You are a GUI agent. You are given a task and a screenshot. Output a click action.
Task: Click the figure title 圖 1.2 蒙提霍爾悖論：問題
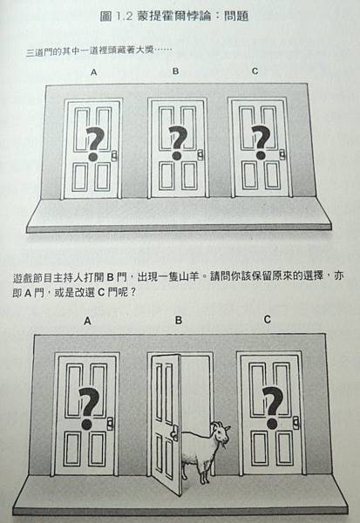click(x=174, y=16)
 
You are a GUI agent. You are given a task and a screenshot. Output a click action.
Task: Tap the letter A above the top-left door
click(x=94, y=72)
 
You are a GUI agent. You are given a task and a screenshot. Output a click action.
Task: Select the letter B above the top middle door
click(x=175, y=71)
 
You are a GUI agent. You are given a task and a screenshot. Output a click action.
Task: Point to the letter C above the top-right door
click(x=255, y=71)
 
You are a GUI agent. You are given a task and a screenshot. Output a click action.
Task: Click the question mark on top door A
click(x=94, y=144)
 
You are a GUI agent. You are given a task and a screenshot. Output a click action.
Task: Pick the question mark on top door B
click(x=178, y=143)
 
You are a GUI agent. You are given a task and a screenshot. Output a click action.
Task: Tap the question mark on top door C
click(x=261, y=142)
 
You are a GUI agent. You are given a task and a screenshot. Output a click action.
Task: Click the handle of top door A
click(x=114, y=156)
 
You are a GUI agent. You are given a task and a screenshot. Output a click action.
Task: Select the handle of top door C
click(x=282, y=153)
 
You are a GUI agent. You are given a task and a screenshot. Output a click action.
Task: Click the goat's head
click(x=221, y=432)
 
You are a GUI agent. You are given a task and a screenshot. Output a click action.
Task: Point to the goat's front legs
click(x=205, y=472)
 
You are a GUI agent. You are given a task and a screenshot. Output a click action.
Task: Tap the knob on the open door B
click(x=174, y=432)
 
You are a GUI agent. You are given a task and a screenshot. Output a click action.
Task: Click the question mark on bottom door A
click(x=88, y=408)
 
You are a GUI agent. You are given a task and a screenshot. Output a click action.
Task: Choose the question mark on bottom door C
click(x=273, y=408)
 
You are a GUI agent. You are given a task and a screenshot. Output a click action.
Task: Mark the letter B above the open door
click(x=179, y=321)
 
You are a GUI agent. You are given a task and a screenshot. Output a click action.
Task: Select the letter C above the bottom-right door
click(x=267, y=320)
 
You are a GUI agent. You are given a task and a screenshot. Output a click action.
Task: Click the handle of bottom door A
click(x=110, y=424)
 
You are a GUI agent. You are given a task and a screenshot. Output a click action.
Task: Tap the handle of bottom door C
click(x=295, y=422)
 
